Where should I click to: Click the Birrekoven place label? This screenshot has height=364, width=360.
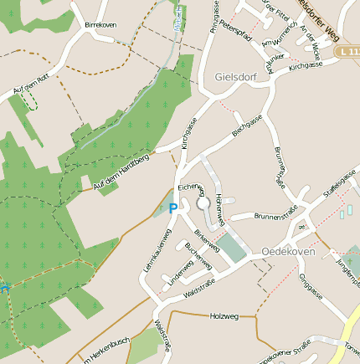point(100,26)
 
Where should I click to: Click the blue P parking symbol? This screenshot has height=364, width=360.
point(173,208)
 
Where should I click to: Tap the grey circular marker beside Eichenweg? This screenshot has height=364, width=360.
point(203,203)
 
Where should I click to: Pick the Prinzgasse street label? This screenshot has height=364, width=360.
point(215,16)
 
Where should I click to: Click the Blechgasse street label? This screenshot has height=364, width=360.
point(249,131)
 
